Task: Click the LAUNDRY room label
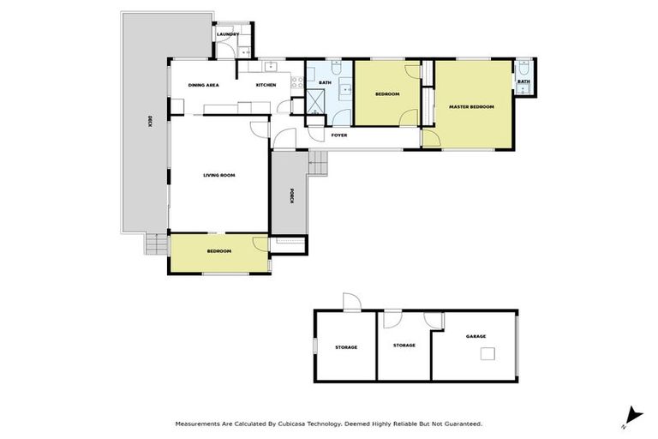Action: [x=227, y=34]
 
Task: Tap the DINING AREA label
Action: [x=204, y=85]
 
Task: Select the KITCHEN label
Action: [x=266, y=85]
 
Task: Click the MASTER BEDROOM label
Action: [x=472, y=106]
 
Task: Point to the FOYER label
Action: [x=339, y=135]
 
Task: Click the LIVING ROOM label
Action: [x=219, y=175]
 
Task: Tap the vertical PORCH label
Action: [x=291, y=195]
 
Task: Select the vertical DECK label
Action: [x=150, y=122]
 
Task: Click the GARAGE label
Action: [x=476, y=337]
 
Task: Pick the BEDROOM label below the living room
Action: [x=219, y=251]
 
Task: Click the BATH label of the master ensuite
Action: [x=523, y=82]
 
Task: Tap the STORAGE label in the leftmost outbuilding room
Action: [x=346, y=347]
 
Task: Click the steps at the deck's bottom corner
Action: [x=155, y=245]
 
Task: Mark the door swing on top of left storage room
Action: [x=350, y=302]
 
